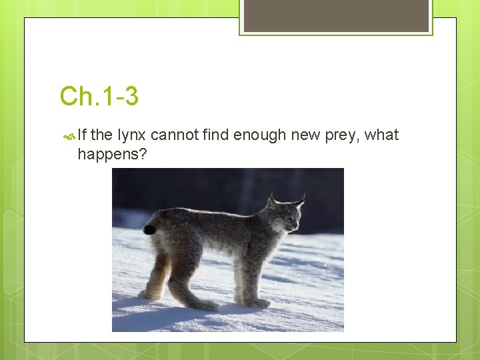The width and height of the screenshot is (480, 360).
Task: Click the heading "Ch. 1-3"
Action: [99, 97]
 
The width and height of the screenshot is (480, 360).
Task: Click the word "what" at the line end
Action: [382, 135]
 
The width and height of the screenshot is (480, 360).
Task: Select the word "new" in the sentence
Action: [306, 135]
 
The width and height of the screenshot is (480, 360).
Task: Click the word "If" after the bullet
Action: [82, 135]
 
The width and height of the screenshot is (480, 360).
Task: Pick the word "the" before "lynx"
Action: [101, 135]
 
